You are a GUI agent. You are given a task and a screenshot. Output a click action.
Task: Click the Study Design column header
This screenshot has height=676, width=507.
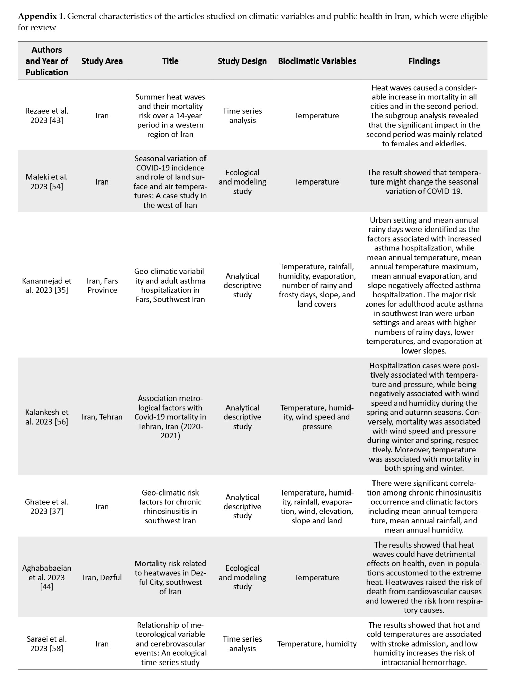point(242,61)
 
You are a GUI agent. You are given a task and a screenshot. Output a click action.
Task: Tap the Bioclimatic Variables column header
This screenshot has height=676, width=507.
point(317,61)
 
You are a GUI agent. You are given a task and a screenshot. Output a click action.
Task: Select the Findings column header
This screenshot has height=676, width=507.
point(424,61)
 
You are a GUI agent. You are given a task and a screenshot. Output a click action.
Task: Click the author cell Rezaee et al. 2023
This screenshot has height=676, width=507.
point(47,116)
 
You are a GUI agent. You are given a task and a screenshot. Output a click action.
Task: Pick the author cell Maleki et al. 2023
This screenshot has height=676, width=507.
point(47,182)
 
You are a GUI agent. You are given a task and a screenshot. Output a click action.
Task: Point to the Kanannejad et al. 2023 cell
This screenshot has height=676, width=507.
point(47,285)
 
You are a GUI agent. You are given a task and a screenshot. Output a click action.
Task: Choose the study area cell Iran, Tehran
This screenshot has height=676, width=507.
point(102,417)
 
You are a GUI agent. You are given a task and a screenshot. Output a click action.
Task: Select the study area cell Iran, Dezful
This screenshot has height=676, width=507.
point(102,577)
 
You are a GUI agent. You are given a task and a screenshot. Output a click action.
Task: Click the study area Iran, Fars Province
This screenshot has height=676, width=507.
point(102,285)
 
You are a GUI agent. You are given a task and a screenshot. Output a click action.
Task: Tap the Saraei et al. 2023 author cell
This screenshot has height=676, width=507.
point(47,644)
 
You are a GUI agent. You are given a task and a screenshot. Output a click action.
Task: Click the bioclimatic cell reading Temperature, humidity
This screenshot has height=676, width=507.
point(317,644)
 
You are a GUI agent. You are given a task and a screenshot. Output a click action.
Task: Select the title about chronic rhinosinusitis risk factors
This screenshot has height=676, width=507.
point(170,506)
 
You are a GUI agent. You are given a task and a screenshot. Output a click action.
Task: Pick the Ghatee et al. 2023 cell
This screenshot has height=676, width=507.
point(47,506)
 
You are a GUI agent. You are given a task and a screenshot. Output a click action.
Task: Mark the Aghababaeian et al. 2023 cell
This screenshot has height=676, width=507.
point(47,577)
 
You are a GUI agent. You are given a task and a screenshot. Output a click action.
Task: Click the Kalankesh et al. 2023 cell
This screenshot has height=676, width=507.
point(47,417)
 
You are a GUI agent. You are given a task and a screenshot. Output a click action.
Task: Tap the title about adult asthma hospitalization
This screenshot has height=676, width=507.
point(170,285)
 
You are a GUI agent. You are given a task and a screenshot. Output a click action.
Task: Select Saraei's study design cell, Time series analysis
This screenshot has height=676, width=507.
point(242,644)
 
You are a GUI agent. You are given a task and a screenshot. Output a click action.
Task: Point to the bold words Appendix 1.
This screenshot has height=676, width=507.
point(41,16)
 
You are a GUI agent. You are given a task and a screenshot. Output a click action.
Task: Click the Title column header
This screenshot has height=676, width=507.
point(170,61)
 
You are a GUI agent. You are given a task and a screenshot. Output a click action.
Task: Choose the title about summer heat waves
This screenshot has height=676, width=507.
point(170,116)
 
